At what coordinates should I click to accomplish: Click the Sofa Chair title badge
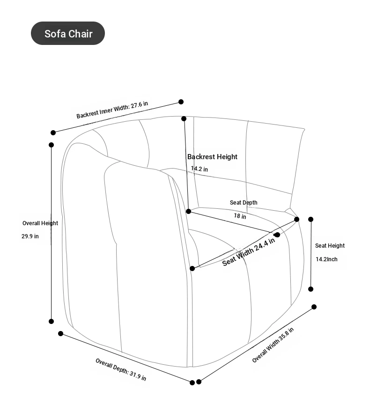[x=68, y=33]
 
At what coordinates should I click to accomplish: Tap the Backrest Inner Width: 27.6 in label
[x=112, y=110]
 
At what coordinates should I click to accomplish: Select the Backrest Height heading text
[x=212, y=157]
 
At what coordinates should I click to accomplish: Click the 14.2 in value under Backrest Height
[x=200, y=169]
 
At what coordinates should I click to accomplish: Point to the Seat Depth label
[x=244, y=203]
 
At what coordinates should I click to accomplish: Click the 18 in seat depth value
[x=240, y=216]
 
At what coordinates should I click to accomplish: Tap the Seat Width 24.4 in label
[x=249, y=252]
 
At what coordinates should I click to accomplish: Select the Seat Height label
[x=330, y=246]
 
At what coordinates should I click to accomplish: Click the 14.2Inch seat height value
[x=326, y=259]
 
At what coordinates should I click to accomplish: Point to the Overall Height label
[x=40, y=223]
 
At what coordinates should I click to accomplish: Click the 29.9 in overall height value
[x=30, y=236]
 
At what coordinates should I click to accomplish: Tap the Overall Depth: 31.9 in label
[x=121, y=369]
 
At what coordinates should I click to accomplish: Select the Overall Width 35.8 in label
[x=273, y=345]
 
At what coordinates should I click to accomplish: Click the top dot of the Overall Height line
[x=51, y=145]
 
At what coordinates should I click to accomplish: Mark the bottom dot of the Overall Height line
[x=51, y=321]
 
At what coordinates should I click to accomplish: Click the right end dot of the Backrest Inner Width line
[x=181, y=102]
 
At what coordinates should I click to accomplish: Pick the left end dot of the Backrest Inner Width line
[x=53, y=132]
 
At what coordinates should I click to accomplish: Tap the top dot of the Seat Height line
[x=311, y=219]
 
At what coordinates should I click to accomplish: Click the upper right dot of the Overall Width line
[x=314, y=307]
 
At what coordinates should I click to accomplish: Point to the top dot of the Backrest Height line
[x=184, y=119]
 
